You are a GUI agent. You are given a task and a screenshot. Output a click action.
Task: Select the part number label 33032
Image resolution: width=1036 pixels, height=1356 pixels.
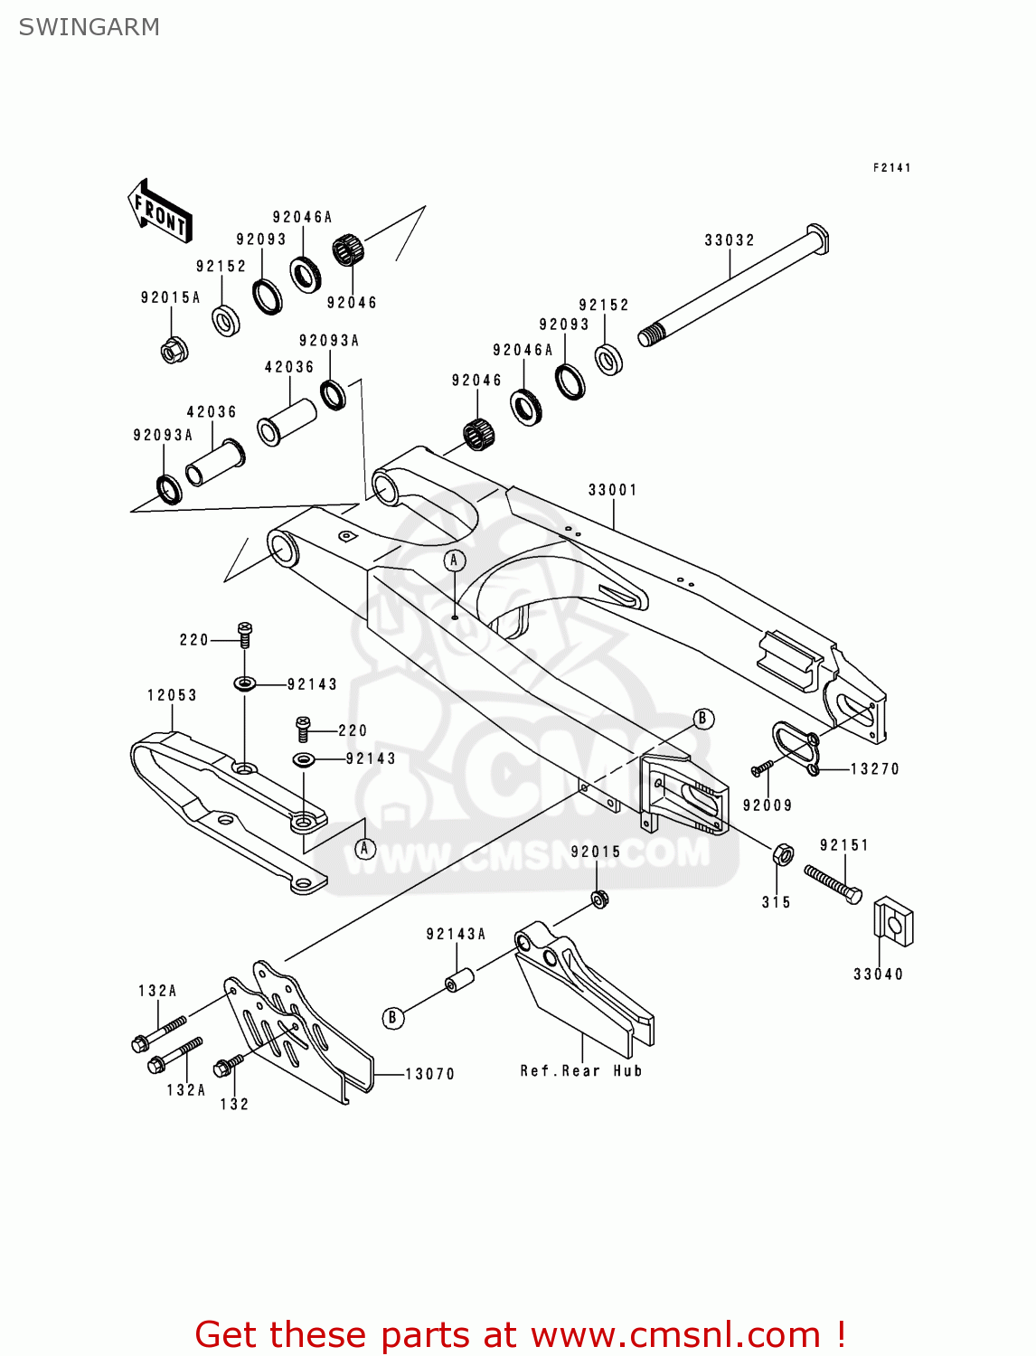coord(730,240)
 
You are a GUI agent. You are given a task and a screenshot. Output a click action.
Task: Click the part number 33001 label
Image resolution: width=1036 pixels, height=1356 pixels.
coord(613,490)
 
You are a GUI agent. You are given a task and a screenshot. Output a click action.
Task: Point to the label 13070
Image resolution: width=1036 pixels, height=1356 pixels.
coord(429,1074)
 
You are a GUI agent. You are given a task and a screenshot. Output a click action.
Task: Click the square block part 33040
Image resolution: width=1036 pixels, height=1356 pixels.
coord(893,923)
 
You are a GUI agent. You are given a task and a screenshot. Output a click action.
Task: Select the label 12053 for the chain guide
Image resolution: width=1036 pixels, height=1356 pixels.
coord(172,695)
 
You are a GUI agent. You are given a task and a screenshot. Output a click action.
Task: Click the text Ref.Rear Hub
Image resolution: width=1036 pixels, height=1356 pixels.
coord(581,1071)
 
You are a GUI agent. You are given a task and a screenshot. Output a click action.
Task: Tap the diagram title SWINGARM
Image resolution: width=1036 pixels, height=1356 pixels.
coord(89,27)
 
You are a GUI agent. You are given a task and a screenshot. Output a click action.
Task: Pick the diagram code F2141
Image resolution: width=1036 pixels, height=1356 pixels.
coord(891,168)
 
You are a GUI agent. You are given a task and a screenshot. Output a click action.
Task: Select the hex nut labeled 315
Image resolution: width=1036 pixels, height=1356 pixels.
coord(784,854)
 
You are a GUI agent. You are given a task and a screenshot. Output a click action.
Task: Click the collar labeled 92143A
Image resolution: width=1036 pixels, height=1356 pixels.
coord(459,981)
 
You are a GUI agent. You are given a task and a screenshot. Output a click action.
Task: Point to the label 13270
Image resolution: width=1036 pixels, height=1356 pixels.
coord(874,769)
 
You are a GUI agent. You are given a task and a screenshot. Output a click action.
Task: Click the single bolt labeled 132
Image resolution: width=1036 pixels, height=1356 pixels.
coord(230,1065)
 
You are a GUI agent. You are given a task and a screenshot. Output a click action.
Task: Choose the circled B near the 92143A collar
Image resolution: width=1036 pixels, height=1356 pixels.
coord(392,1018)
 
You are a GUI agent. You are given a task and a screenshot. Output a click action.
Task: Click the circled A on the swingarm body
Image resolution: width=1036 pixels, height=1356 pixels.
coord(455,560)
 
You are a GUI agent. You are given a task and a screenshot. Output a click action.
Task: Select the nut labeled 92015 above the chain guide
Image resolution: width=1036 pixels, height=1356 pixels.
coord(598,898)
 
